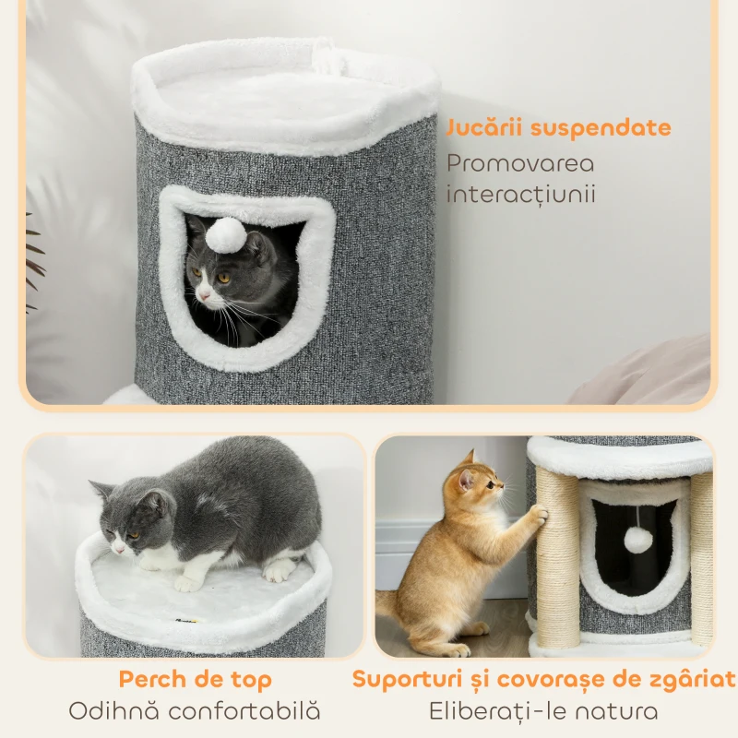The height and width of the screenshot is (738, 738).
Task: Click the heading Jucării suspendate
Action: (559, 128)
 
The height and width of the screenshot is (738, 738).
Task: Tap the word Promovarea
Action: (520, 164)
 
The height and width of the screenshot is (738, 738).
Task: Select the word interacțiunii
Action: (520, 195)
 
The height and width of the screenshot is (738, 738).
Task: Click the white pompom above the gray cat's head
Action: (225, 235)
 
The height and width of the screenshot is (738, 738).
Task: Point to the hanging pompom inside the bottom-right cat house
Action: (637, 540)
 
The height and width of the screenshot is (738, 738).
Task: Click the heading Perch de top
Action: (195, 681)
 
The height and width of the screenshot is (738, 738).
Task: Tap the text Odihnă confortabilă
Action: (195, 711)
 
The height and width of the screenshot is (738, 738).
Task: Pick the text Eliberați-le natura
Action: (543, 711)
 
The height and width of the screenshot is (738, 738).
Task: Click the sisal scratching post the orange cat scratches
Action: (557, 563)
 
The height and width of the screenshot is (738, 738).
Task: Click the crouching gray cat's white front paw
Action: (188, 583)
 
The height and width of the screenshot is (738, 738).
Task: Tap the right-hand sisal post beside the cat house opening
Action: (701, 563)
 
